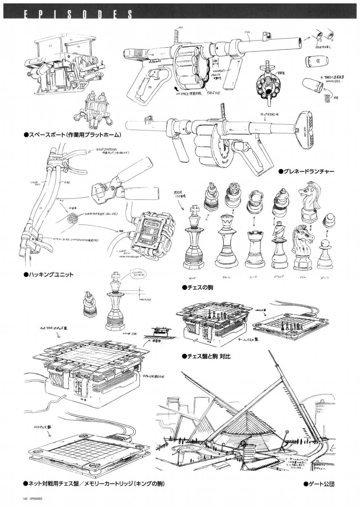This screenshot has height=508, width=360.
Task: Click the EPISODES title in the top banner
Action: (73, 14)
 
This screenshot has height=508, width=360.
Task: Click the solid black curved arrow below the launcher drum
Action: (176, 88)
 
